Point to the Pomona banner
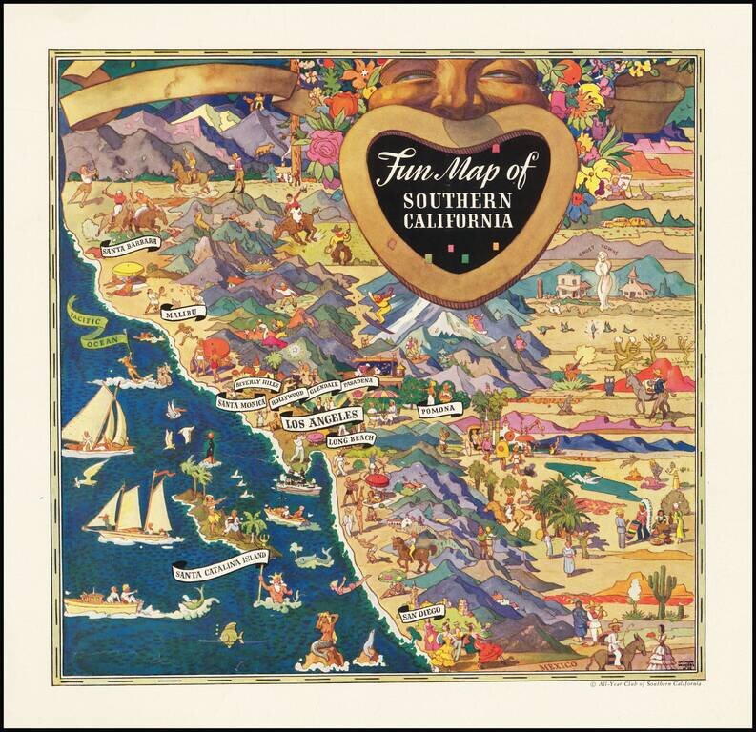pos(439,410)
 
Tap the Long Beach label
pos(352,439)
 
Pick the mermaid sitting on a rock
pos(326,639)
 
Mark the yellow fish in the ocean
pos(229,633)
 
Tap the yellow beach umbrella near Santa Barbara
pos(127,271)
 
